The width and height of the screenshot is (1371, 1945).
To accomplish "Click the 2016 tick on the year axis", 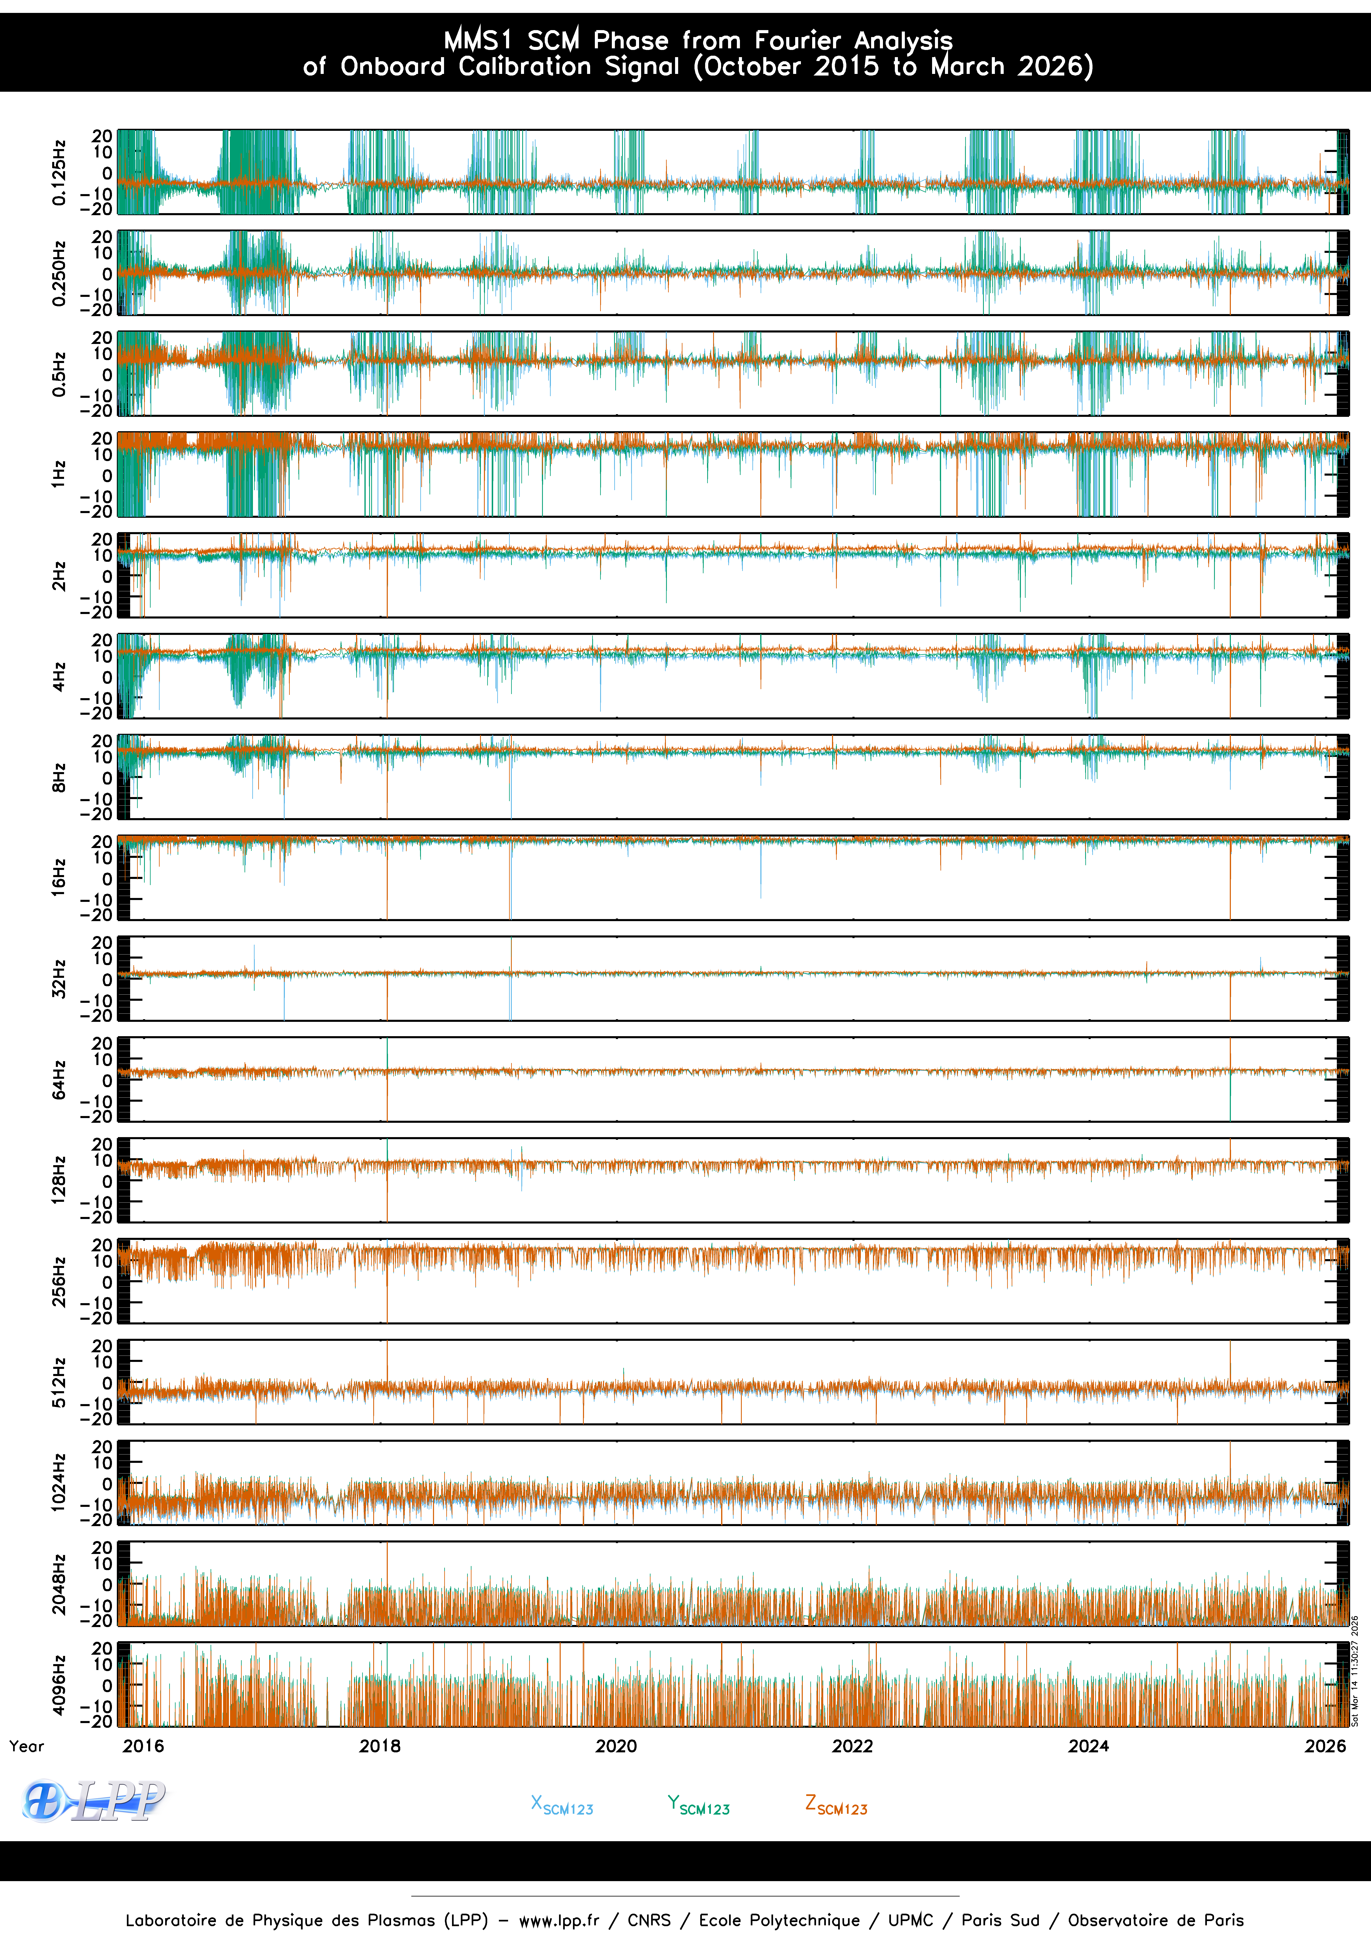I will click(143, 1746).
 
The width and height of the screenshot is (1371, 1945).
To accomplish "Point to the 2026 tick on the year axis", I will click(1324, 1746).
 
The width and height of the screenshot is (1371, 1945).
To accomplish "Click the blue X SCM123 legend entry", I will click(561, 1805).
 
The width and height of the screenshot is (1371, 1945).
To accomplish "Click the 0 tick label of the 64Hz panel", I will click(107, 1080).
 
